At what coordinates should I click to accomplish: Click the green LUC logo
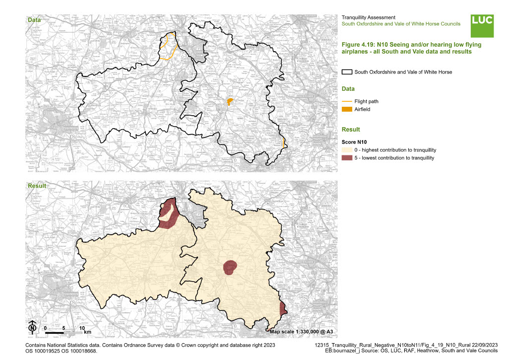point(482,26)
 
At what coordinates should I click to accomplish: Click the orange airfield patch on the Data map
point(230,102)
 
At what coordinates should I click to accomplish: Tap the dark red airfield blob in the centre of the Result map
point(230,267)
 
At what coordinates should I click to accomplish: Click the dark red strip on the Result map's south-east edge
point(283,309)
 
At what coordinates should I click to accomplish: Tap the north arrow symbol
point(32,327)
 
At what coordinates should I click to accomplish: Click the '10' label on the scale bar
point(82,328)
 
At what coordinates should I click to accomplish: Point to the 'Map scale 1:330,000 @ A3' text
point(301,331)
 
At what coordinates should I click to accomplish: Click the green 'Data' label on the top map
point(34,20)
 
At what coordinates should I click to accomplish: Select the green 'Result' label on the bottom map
point(36,186)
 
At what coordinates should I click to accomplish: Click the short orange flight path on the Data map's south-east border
point(283,143)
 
